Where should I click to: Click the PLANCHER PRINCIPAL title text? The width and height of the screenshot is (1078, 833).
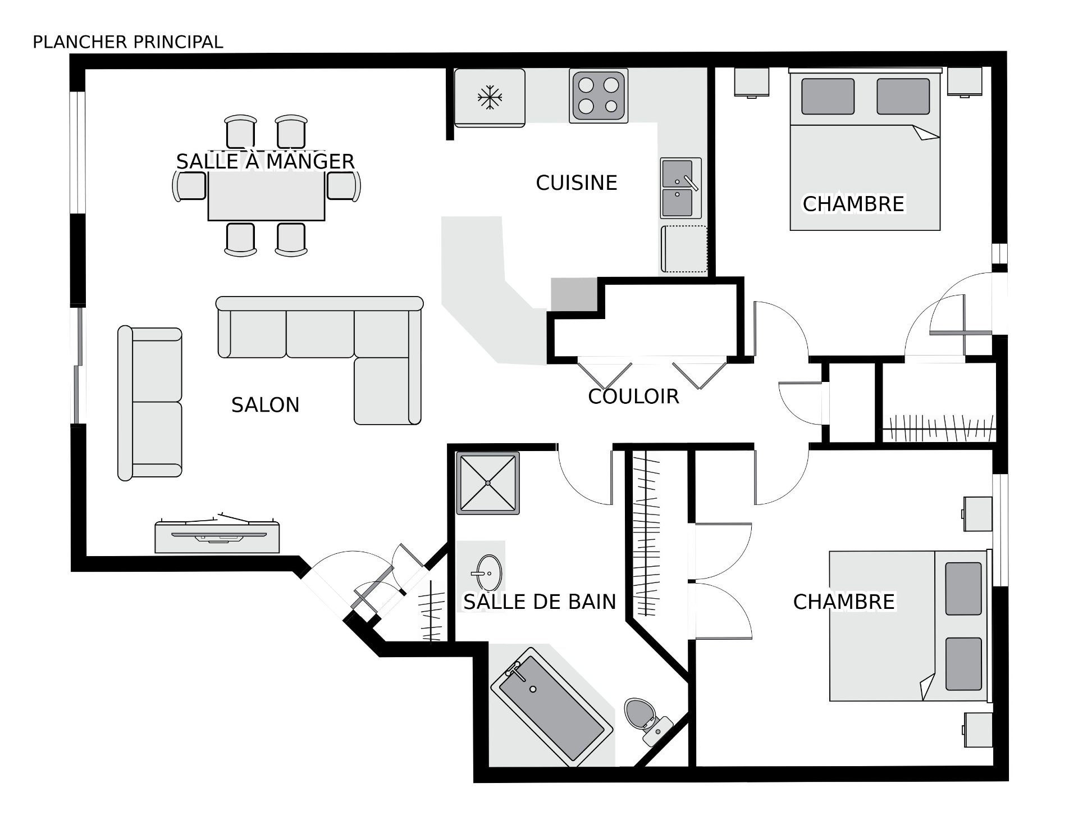(128, 42)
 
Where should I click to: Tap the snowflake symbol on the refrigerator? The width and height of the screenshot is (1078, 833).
(490, 98)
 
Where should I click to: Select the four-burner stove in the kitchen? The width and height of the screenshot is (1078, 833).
(599, 96)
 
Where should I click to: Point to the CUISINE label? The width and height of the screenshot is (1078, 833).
(577, 183)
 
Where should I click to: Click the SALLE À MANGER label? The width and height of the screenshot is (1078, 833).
(265, 162)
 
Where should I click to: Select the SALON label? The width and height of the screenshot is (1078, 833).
(265, 405)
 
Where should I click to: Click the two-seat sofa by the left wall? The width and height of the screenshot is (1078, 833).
(150, 403)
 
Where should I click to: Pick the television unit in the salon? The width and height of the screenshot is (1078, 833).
(217, 536)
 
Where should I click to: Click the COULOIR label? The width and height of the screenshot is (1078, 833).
(633, 397)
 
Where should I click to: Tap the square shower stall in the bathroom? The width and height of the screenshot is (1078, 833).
(488, 483)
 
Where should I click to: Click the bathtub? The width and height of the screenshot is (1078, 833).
(551, 707)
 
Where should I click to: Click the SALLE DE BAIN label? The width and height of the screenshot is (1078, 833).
(540, 602)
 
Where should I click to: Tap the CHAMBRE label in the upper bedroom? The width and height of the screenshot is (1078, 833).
(853, 204)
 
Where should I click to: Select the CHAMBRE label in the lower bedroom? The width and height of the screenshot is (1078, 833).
(844, 602)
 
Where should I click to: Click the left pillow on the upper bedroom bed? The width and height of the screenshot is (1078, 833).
(828, 96)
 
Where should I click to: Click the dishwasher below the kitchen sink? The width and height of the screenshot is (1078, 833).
(684, 249)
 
